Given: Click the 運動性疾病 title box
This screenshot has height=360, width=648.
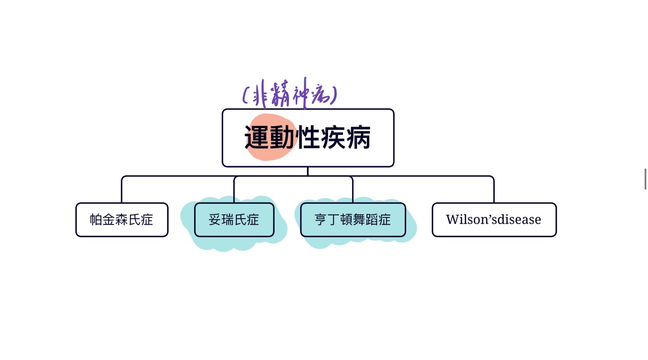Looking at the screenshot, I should pos(308,138).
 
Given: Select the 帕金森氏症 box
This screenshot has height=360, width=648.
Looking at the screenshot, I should pos(122,220).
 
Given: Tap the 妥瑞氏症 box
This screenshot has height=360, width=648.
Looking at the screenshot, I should pos(234,220).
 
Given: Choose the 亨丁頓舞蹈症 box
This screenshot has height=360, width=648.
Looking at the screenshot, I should pos(353,220).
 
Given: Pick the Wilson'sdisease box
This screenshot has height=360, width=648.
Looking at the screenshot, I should pos(494,220).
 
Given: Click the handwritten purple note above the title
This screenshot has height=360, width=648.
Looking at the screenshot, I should pos(290,94).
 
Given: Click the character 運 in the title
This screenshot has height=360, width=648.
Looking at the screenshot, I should pos(257,137).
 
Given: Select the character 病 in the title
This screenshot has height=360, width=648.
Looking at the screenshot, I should pos(358,137).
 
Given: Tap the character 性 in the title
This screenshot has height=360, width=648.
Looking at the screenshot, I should pos(308,137).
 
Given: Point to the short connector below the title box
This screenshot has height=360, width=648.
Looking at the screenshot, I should pos(308,171).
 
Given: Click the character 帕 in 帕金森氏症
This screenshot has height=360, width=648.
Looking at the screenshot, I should pos(96,220).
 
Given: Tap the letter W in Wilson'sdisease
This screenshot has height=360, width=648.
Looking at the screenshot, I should pos(452,220).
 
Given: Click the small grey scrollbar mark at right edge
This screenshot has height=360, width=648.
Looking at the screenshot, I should pos(645,179).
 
